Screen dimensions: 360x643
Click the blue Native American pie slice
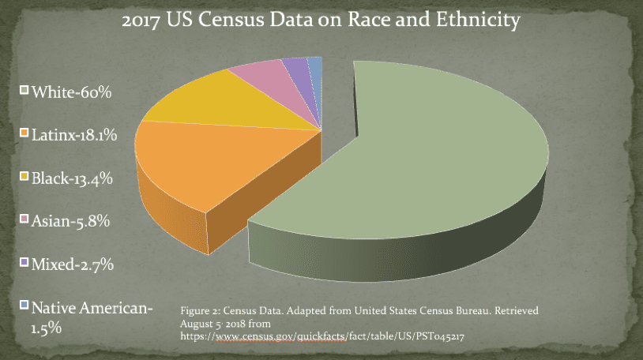314,66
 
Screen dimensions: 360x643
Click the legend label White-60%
71,93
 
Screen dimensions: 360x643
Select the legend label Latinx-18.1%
74,136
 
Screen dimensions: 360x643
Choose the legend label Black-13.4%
72,178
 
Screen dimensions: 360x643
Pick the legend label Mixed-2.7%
73,264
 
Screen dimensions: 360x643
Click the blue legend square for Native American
24,304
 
